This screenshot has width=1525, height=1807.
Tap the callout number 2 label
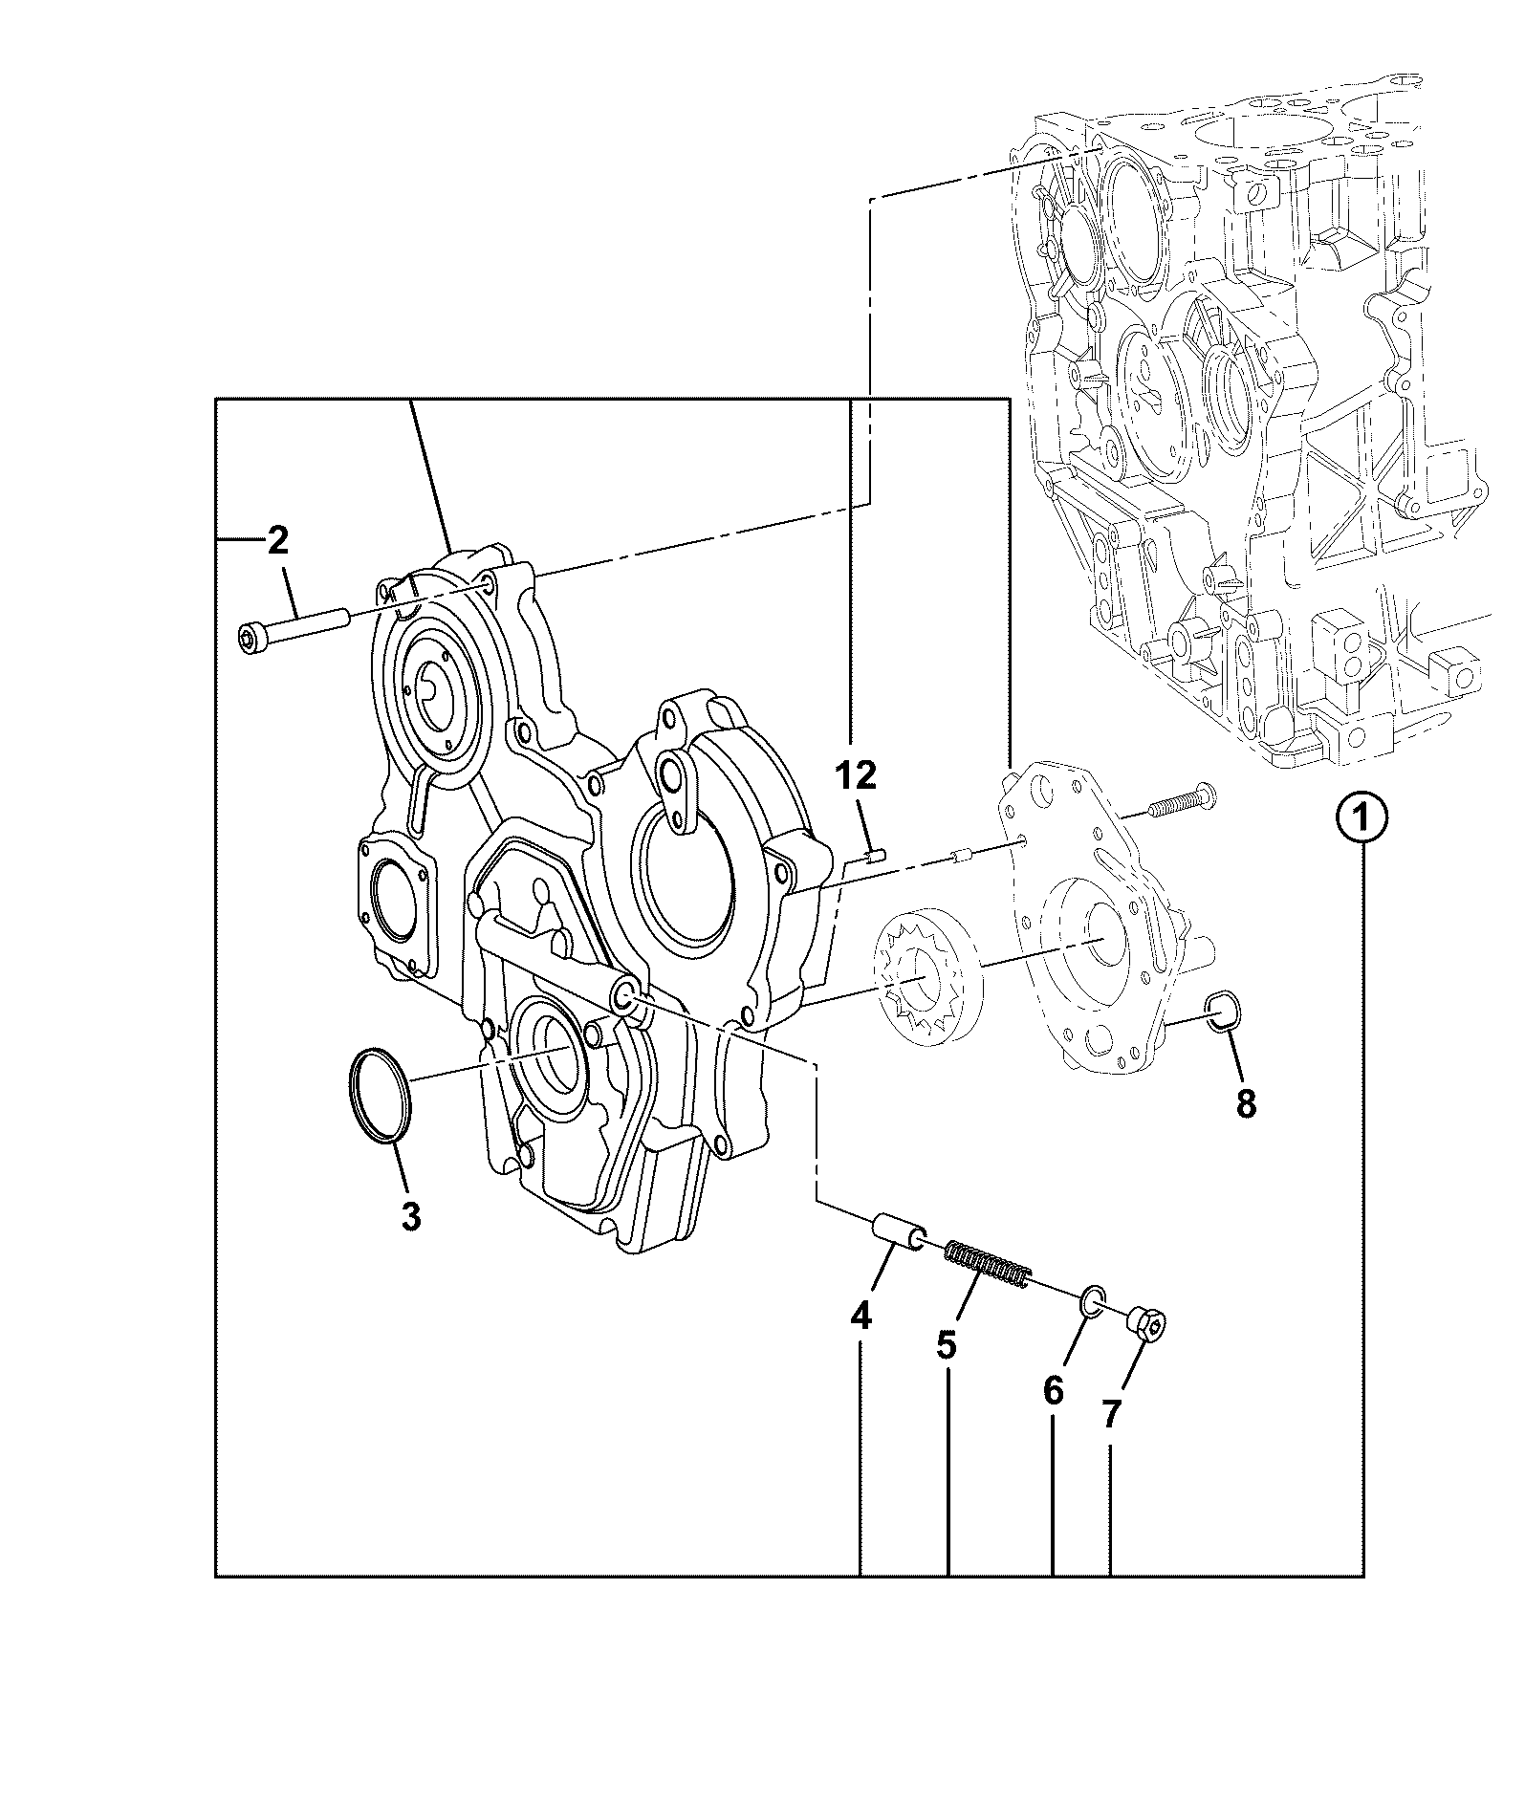pos(277,541)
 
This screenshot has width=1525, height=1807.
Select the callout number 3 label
pos(410,1217)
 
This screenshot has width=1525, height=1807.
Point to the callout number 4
pos(861,1317)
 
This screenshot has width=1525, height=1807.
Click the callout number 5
pos(946,1345)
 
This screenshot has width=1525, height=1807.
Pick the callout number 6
pos(1053,1391)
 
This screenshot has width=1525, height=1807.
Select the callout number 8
pos(1246,1103)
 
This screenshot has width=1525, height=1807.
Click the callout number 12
pos(857,775)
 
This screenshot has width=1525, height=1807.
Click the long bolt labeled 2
pos(295,632)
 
